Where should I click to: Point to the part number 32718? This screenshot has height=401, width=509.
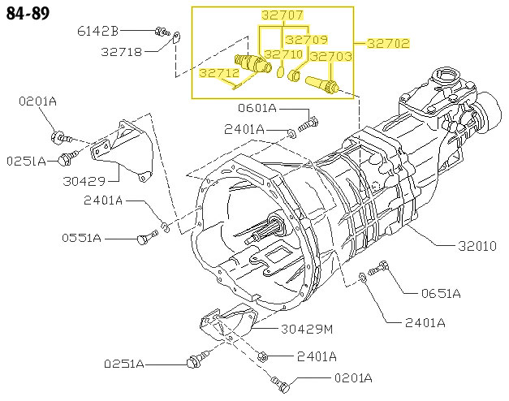point(121,51)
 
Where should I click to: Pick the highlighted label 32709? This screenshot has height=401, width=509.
point(306,38)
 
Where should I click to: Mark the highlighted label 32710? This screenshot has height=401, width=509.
point(283,54)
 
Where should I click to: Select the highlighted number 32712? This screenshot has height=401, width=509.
point(219,72)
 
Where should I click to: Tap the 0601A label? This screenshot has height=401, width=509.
point(258,108)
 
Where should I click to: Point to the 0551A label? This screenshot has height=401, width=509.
point(82,238)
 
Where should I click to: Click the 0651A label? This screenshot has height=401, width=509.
point(440,293)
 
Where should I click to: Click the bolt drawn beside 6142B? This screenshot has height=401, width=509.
point(161,32)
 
